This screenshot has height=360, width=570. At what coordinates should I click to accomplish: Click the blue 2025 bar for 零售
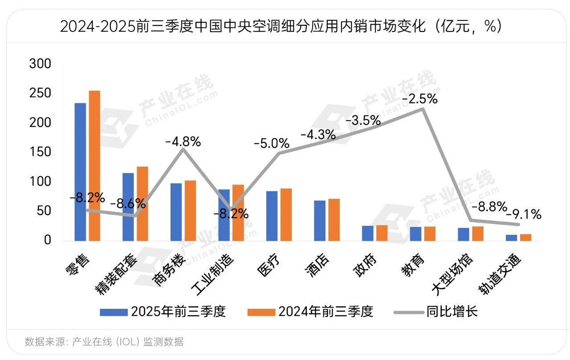tap(80, 172)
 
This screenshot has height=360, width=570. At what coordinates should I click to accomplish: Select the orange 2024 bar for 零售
tap(94, 166)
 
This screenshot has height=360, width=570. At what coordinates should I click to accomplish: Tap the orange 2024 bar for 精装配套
tap(142, 203)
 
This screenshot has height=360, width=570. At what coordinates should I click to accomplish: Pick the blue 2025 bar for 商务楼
tap(176, 212)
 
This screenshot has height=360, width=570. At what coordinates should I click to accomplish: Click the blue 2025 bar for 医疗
tap(272, 216)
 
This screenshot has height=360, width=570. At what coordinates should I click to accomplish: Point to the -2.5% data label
tap(419, 99)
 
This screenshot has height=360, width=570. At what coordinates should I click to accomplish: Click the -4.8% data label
tap(183, 142)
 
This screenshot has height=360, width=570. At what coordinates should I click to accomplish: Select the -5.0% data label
tap(272, 144)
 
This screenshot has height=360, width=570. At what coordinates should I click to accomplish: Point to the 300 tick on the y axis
tap(40, 64)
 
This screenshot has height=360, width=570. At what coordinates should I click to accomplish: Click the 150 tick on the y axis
tap(40, 152)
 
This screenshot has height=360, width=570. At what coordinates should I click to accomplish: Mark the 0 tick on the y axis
tap(47, 240)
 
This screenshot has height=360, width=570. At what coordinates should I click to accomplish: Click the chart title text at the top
tap(285, 27)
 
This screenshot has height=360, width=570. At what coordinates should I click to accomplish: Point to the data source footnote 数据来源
tap(104, 342)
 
